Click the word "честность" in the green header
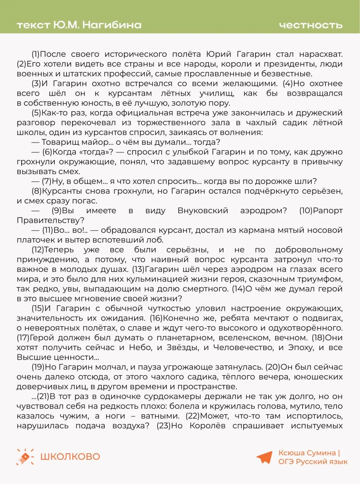(311, 25)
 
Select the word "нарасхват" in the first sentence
(321, 54)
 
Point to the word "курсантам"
(130, 93)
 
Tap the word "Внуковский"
(203, 211)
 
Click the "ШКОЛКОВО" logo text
(70, 457)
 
